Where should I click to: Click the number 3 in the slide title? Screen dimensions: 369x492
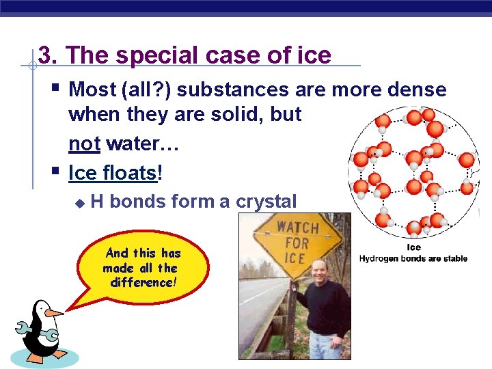point(45,55)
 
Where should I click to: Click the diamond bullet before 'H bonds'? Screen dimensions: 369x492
point(79,203)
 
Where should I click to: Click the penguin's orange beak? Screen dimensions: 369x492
point(53,313)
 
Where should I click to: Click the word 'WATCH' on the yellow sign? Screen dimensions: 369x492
point(297,226)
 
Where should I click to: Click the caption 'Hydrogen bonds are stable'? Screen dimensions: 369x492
point(413,258)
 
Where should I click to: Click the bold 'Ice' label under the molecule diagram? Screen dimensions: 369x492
point(413,247)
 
